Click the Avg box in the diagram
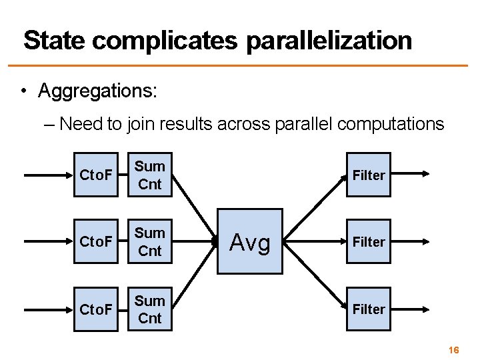tap(251, 242)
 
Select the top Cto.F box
tap(96, 175)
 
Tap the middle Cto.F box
tap(96, 241)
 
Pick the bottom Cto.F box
tap(96, 309)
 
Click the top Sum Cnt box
tap(150, 175)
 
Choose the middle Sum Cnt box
tap(150, 241)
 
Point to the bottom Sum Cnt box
tap(150, 309)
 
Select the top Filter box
tap(368, 175)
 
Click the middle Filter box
tap(368, 241)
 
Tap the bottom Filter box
tap(368, 309)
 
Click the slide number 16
tap(454, 349)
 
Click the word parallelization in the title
tap(329, 41)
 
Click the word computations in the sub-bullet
tap(391, 124)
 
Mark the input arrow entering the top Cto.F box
tap(47, 175)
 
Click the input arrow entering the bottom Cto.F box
tap(47, 309)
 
